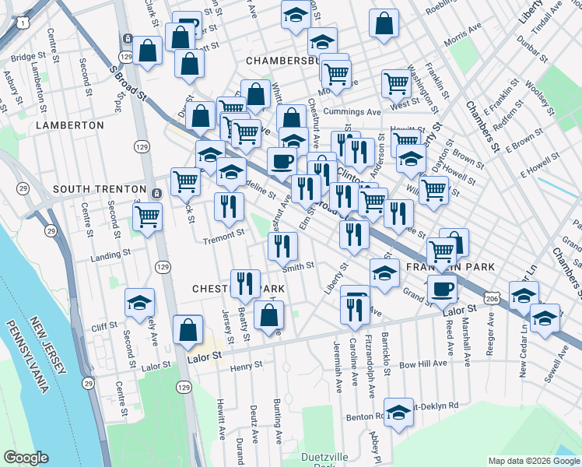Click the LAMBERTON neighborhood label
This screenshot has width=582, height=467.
69,125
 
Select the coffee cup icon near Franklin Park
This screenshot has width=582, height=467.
443,288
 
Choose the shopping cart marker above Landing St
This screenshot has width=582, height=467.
146,216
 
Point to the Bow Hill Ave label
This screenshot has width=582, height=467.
422,363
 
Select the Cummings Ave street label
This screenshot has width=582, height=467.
352,112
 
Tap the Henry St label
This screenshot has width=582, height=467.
247,364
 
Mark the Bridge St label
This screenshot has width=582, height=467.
23,57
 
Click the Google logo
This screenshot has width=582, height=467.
25,458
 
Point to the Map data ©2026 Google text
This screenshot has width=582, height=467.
533,461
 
